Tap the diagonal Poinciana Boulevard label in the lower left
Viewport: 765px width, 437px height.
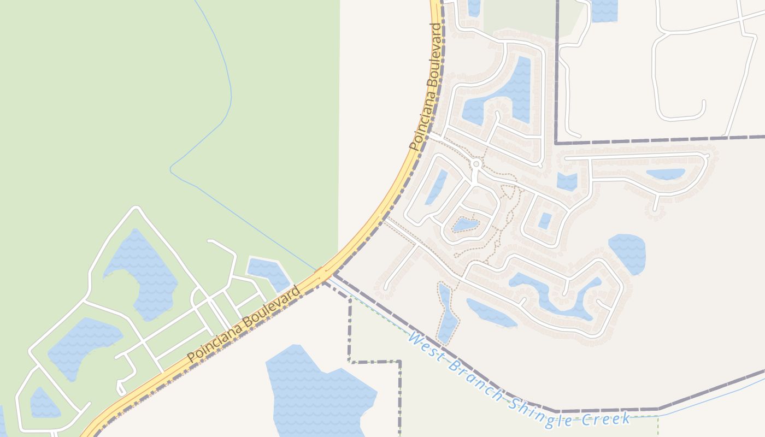pyautogui.click(x=244, y=324)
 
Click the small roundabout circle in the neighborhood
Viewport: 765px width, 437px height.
pyautogui.click(x=476, y=164)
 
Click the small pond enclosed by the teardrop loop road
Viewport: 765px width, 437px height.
pyautogui.click(x=465, y=225)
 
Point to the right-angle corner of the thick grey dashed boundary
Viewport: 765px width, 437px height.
pyautogui.click(x=556, y=143)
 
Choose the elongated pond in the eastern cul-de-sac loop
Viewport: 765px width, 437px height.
pyautogui.click(x=665, y=174)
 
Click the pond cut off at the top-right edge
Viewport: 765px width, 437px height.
pyautogui.click(x=604, y=10)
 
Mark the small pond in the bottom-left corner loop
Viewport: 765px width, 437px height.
pyautogui.click(x=43, y=403)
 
